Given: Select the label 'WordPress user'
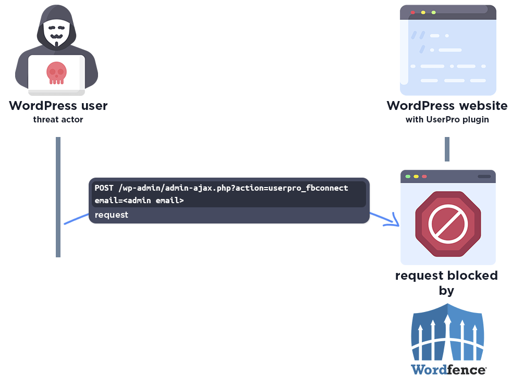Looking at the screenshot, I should click(58, 106).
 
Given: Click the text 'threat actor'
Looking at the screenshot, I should click(58, 120).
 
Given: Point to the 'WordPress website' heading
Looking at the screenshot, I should click(447, 106).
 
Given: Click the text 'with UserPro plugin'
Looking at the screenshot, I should click(447, 120).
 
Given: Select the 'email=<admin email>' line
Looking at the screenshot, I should click(139, 200).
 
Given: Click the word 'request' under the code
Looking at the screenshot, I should click(111, 215).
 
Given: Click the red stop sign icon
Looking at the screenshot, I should click(447, 224).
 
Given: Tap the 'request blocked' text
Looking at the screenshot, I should click(446, 275).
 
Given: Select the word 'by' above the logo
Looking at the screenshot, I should click(446, 291).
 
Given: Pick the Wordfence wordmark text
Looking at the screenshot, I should click(448, 369).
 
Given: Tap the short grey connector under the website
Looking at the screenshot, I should click(447, 149).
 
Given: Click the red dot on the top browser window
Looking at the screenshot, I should click(413, 12).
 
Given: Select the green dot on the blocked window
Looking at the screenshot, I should click(408, 177).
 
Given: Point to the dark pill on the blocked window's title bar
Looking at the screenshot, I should click(484, 177).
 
